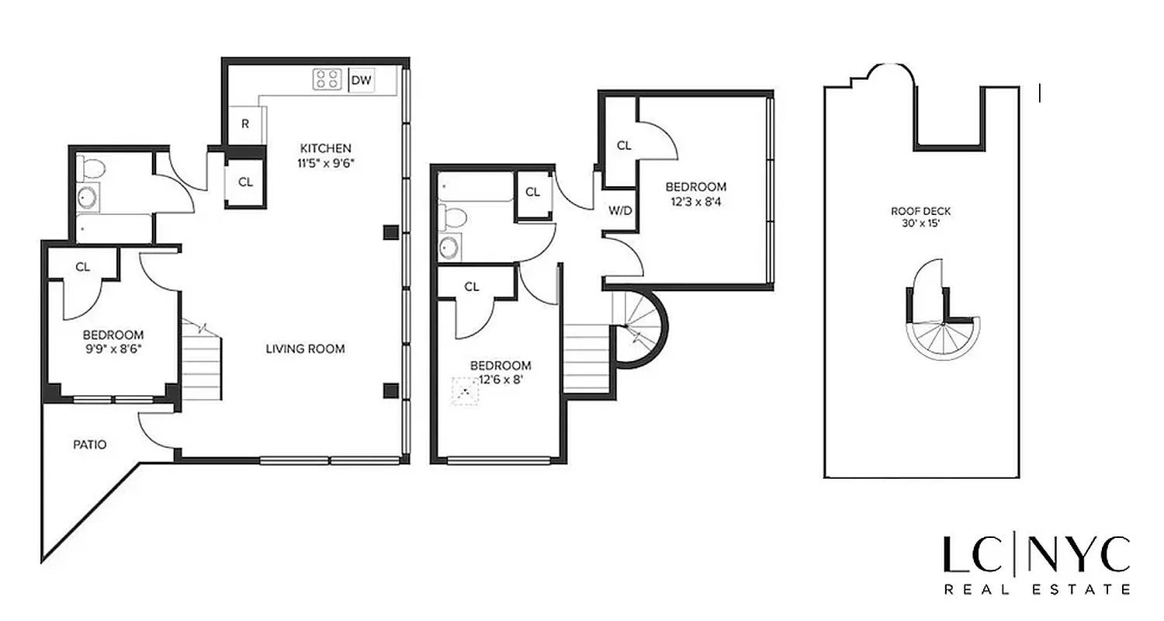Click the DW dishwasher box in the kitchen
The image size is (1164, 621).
coord(361,79)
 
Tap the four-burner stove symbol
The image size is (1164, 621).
coord(327,79)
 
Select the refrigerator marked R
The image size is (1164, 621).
coord(245,124)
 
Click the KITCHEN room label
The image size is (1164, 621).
coord(326,148)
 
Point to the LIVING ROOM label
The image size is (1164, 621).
coord(305,349)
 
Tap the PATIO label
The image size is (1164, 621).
coord(90,445)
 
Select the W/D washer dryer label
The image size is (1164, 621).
coord(618,210)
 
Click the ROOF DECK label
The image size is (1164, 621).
coord(921,210)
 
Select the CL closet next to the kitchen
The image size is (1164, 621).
coord(245,182)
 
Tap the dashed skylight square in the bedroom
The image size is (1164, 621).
coord(466,390)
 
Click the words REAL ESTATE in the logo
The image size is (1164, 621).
coord(1037,589)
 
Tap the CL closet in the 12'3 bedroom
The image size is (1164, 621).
coord(624,145)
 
